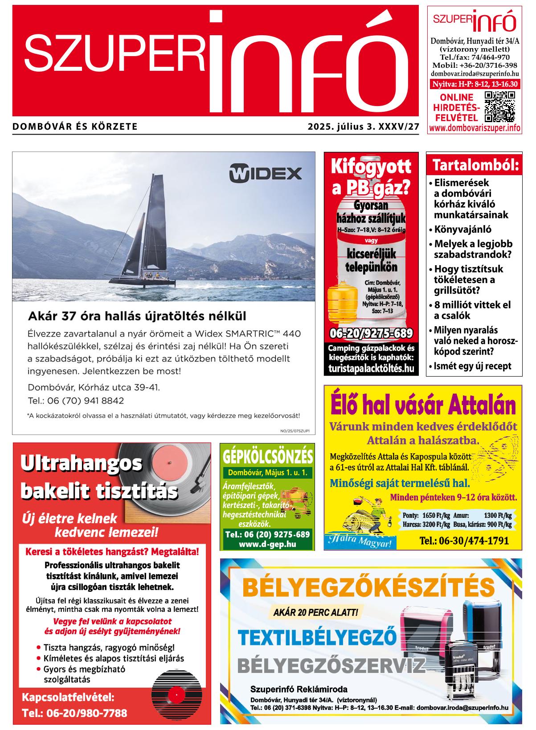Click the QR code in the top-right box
[x=499, y=107]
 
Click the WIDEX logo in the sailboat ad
[x=265, y=173]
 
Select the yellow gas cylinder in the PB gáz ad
[x=343, y=303]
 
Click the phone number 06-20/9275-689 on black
[x=371, y=333]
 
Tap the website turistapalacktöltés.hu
[x=371, y=368]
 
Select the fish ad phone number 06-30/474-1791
[x=464, y=541]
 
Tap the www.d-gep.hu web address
[x=267, y=544]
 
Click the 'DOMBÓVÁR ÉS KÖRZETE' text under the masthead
[x=75, y=127]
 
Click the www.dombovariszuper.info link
[x=475, y=128]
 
